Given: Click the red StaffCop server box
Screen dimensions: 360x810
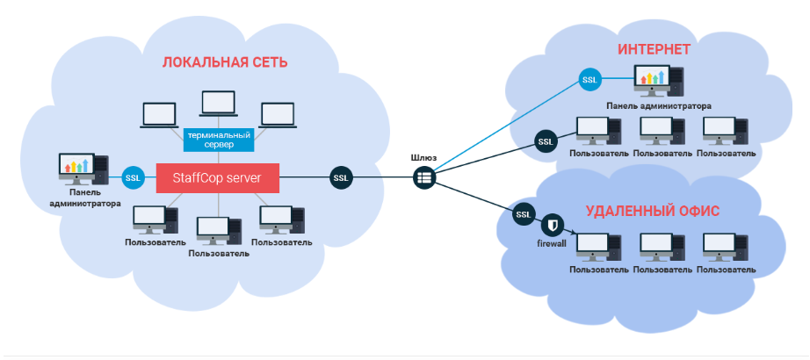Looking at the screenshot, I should click(217, 178).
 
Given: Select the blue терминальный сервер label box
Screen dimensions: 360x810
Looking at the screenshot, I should click(219, 140).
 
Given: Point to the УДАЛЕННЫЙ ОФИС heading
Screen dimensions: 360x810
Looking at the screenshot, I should click(653, 212).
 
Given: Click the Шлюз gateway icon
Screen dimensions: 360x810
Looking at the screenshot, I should click(425, 177).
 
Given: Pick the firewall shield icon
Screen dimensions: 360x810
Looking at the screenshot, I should click(553, 223).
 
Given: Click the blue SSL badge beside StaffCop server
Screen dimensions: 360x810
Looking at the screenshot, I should click(134, 178).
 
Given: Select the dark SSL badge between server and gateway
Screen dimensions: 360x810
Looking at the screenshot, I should click(342, 177).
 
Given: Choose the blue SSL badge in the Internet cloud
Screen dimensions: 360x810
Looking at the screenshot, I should click(589, 81).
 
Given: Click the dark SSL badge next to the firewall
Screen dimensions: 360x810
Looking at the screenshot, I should click(524, 213).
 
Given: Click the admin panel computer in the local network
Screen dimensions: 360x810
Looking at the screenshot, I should click(83, 168).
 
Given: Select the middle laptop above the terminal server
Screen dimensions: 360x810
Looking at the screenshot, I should click(218, 104).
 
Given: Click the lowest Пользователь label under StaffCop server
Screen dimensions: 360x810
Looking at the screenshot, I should click(219, 253).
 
